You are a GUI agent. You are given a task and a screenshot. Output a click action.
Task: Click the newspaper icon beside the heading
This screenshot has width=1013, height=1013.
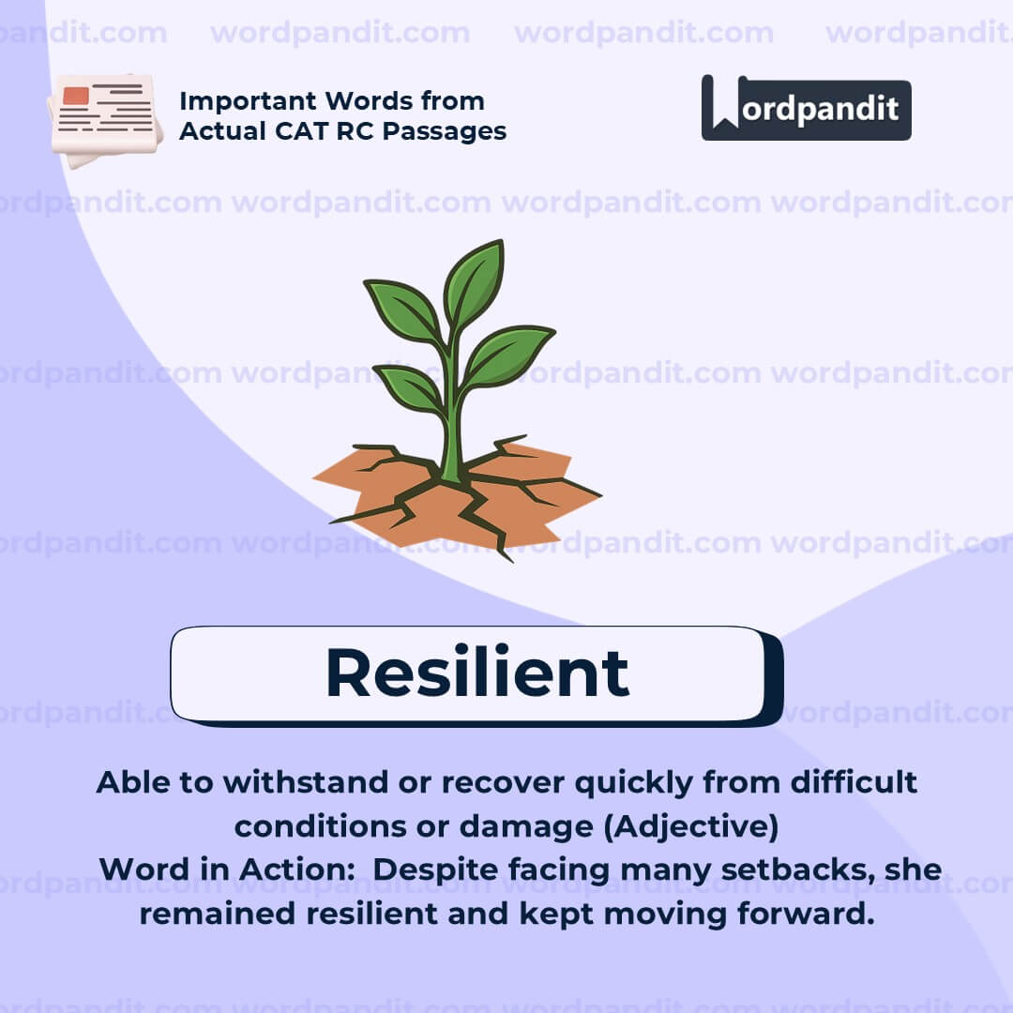(105, 117)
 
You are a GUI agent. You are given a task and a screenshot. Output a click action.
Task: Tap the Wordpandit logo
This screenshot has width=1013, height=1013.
(806, 108)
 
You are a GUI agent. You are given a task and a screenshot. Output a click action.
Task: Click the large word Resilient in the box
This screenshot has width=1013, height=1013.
(476, 673)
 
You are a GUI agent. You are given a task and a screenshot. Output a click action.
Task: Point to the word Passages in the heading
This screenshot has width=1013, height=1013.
(447, 131)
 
